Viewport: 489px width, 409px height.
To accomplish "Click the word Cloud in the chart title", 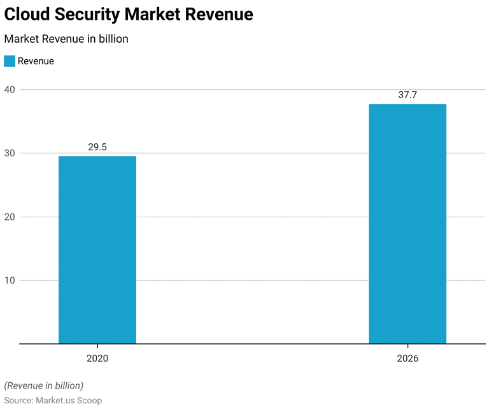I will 27,15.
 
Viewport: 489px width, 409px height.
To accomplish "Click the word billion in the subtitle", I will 112,39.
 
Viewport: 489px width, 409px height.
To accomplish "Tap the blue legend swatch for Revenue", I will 10,61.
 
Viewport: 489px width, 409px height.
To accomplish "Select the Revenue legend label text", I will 36,61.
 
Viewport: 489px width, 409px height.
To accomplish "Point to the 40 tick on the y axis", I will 10,89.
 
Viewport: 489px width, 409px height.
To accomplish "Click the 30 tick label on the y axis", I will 10,153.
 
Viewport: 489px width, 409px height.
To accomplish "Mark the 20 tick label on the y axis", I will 10,217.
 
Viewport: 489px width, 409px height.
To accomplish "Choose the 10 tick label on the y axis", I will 10,280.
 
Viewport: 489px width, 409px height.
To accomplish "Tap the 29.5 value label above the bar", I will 97,147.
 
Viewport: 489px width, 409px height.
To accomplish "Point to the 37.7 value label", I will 407,95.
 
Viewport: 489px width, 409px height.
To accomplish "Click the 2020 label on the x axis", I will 97,359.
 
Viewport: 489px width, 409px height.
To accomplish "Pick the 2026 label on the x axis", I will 407,359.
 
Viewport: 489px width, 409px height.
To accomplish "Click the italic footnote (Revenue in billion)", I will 44,385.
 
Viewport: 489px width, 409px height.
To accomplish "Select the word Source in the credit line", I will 18,399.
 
